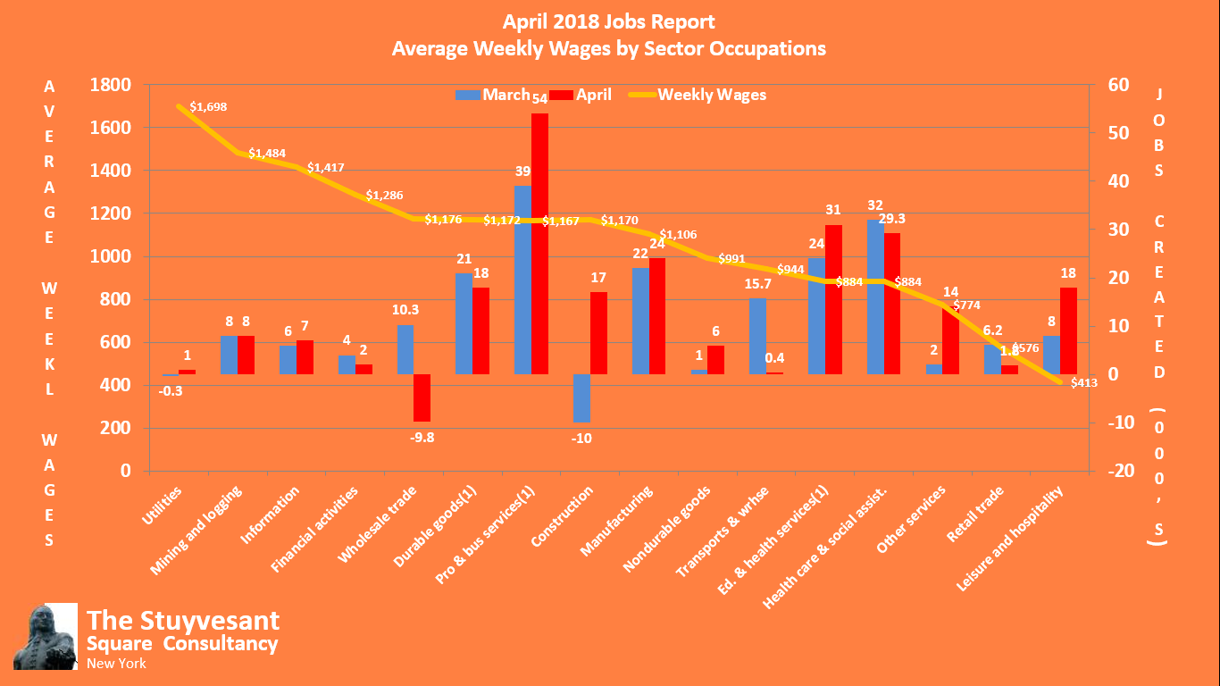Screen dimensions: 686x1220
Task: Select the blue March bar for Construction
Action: [x=581, y=398]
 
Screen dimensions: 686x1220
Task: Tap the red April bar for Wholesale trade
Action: [x=422, y=397]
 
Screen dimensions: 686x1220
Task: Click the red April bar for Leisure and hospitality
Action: [x=1068, y=330]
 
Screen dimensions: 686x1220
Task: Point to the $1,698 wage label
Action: [x=208, y=106]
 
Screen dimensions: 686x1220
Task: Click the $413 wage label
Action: [x=1083, y=383]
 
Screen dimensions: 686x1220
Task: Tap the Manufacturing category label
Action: [x=618, y=521]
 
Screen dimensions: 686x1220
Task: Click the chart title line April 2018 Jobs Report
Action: [x=609, y=21]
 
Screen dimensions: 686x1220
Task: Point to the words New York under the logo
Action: [x=116, y=664]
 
